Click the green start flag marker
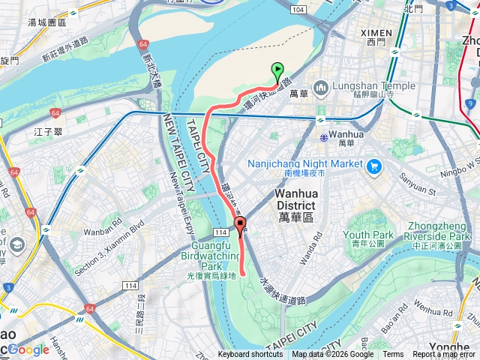tap(278, 73)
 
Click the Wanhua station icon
tap(322, 136)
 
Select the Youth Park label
tap(368, 235)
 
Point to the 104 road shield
tap(298, 8)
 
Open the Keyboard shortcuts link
tap(250, 355)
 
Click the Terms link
tap(393, 355)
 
